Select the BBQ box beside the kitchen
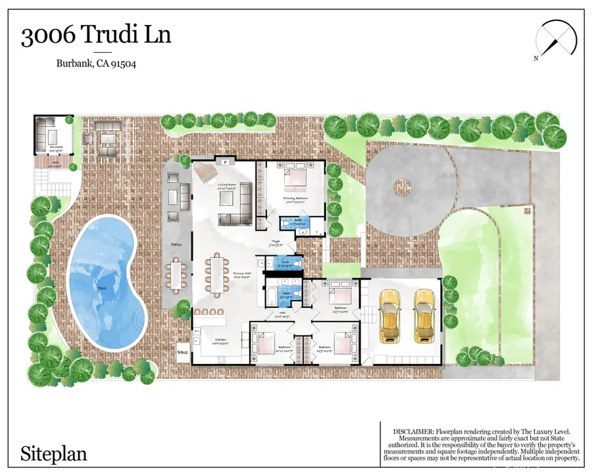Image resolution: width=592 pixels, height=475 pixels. click(182, 352)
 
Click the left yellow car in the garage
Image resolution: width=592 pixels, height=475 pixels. click(390, 317)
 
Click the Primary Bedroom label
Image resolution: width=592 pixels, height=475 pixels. click(296, 197)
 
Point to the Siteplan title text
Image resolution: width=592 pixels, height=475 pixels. click(53, 453)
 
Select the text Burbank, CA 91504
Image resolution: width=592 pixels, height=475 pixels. click(95, 64)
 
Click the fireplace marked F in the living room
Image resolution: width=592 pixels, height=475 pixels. click(225, 161)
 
